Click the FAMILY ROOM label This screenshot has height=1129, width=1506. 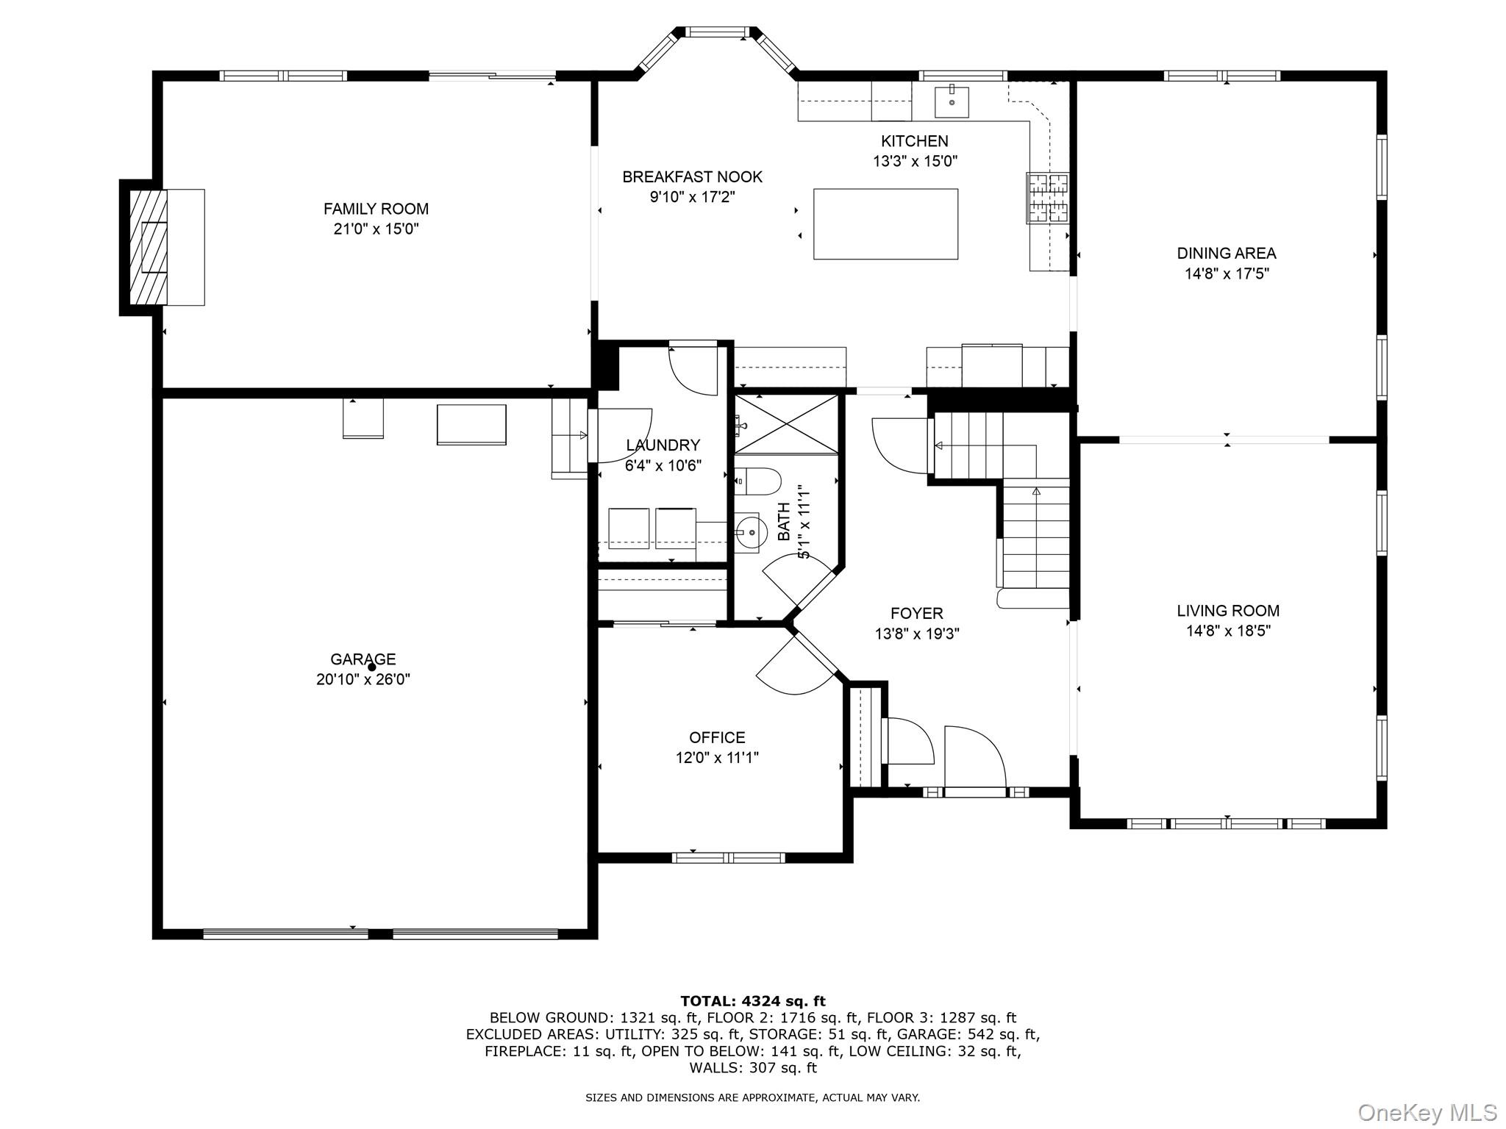point(376,209)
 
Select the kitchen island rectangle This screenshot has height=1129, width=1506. point(885,224)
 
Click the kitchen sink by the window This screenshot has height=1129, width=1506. point(952,101)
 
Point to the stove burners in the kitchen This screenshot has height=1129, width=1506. point(1048,198)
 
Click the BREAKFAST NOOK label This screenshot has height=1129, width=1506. point(692,177)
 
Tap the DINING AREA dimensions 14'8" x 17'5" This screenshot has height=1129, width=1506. point(1227,273)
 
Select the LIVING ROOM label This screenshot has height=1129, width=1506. point(1228,611)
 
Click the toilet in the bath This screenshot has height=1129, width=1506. point(757,481)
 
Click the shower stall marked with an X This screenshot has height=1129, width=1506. point(787,424)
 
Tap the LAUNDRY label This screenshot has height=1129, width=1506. point(663,445)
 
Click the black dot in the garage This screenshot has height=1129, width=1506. point(371,667)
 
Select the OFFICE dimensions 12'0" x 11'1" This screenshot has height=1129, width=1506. point(717,757)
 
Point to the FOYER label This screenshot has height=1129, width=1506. point(916,613)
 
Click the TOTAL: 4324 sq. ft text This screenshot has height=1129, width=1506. point(753,1001)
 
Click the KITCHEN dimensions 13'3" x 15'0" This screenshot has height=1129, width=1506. point(915,161)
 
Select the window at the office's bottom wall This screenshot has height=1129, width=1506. point(728,857)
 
